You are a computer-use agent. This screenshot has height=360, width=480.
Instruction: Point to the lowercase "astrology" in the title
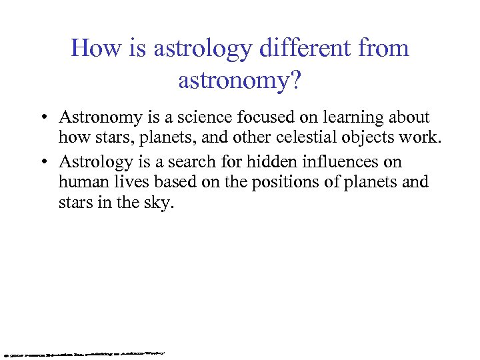point(194,49)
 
